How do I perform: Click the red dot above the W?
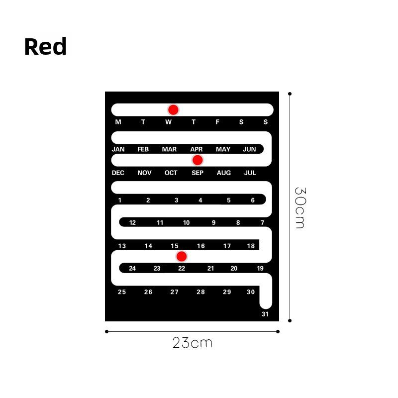pos(173,109)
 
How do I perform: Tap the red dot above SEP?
pos(198,160)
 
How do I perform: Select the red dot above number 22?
pos(182,256)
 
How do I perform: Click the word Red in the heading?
pos(45,46)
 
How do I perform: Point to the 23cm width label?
pos(192,343)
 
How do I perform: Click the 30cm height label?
pos(300,208)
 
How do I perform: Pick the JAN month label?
pos(118,149)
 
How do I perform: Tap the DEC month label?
pos(118,173)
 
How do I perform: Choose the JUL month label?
pos(250,173)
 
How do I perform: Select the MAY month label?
pos(223,149)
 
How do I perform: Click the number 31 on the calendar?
pos(265,314)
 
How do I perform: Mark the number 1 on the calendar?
pos(120,200)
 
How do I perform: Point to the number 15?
pos(175,246)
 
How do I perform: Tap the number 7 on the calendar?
pos(263,222)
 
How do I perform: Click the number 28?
pos(200,292)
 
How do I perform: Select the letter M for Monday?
pos(118,122)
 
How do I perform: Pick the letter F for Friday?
pos(217,122)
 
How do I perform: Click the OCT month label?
pos(171,173)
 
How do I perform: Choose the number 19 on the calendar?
pos(260,268)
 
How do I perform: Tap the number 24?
pos(132,268)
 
